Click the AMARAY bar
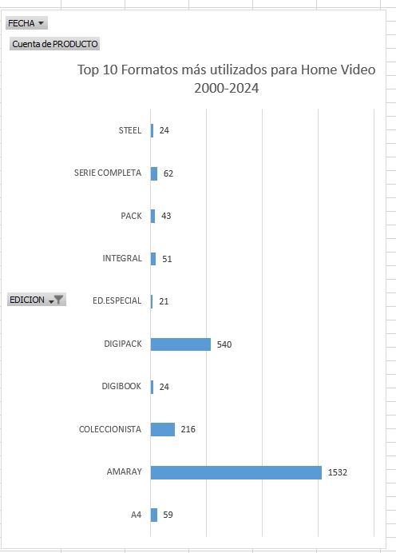tap(236, 472)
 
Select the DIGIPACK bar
tap(180, 344)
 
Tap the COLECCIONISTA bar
tap(163, 430)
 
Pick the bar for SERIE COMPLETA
tap(154, 173)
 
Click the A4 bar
tap(154, 515)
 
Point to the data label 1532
tap(338, 472)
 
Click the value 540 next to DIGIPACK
tap(224, 344)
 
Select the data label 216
tap(188, 429)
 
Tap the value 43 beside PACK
tap(166, 216)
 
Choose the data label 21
tap(164, 301)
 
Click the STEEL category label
tap(130, 130)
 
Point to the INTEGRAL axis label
tap(122, 258)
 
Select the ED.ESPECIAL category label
tap(117, 300)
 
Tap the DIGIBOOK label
tap(121, 386)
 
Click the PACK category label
tap(131, 216)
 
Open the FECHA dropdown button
tap(26, 23)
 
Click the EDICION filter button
tap(37, 300)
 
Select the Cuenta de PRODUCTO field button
tap(54, 44)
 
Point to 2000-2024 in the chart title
tap(227, 88)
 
